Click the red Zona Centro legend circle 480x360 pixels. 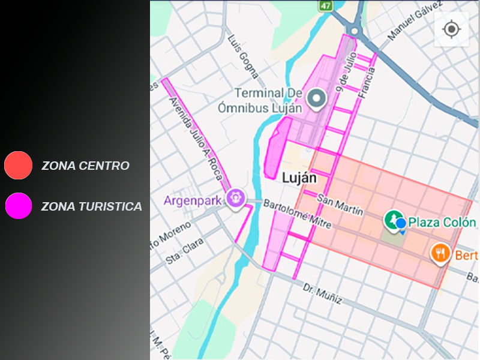(18, 165)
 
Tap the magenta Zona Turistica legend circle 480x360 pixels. (18, 206)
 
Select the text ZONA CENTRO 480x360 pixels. (85, 166)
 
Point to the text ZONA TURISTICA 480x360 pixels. (91, 207)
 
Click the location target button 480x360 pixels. (451, 29)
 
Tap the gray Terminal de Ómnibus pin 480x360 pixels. (316, 98)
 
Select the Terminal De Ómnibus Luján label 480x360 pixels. (268, 100)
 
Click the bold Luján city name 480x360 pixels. (299, 178)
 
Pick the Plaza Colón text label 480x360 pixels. (442, 223)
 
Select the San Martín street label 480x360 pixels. (340, 205)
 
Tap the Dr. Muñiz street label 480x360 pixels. (322, 293)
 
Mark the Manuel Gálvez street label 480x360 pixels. (410, 25)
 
